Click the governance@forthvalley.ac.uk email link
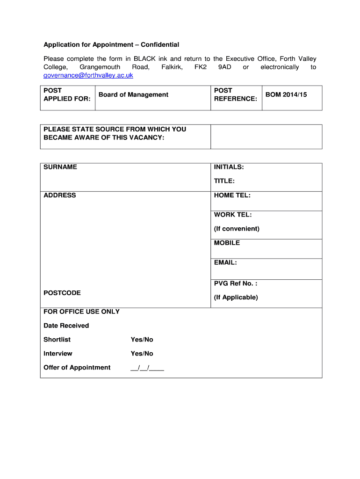click(x=88, y=75)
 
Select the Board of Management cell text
click(x=133, y=95)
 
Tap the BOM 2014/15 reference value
click(x=286, y=95)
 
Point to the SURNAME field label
click(x=60, y=167)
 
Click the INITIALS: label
click(x=229, y=167)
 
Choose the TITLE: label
click(x=224, y=181)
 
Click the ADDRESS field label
click(x=59, y=196)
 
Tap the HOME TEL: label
click(x=232, y=196)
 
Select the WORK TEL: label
click(x=232, y=215)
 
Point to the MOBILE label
click(x=227, y=243)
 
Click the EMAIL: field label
click(x=225, y=263)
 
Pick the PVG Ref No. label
click(x=235, y=283)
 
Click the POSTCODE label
click(x=62, y=293)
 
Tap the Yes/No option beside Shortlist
click(x=142, y=340)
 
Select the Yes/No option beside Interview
click(x=142, y=354)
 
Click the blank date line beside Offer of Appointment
click(x=147, y=368)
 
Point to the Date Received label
click(x=66, y=326)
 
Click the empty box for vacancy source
click(x=266, y=137)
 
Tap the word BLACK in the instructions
click(x=145, y=59)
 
